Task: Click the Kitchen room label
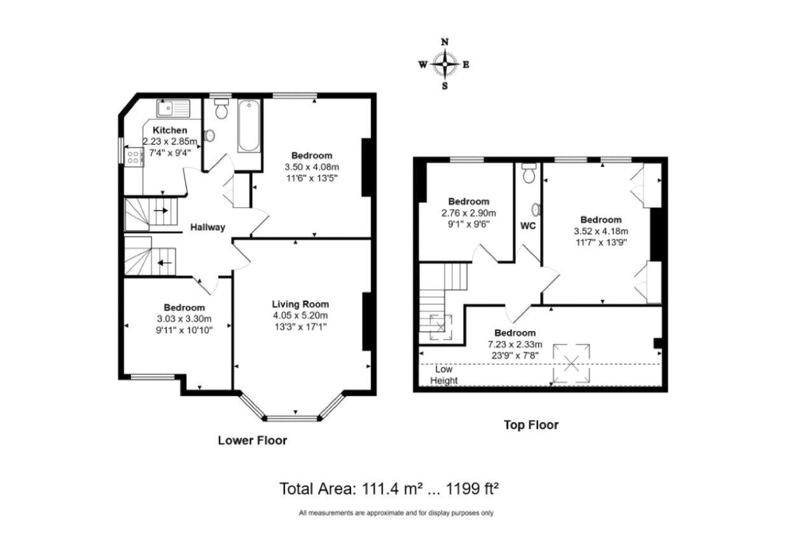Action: (x=170, y=130)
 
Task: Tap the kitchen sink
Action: (x=173, y=108)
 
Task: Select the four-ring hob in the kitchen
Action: (x=134, y=157)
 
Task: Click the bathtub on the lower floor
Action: (x=249, y=126)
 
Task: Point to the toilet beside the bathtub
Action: (x=222, y=109)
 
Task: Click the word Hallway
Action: (x=208, y=227)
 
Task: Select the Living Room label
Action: (x=300, y=304)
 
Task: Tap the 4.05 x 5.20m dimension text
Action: (x=300, y=315)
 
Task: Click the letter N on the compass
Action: (x=445, y=42)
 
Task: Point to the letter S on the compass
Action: (x=445, y=86)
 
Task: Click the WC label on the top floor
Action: (x=528, y=226)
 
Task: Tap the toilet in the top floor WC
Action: (x=529, y=172)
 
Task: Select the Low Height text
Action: (x=444, y=375)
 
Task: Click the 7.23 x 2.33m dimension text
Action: (x=515, y=344)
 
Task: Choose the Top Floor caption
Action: (x=531, y=425)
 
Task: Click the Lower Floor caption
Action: (x=253, y=440)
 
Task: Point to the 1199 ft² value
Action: (x=473, y=489)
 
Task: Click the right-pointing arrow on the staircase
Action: (x=161, y=211)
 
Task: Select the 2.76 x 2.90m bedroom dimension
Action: (x=469, y=213)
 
